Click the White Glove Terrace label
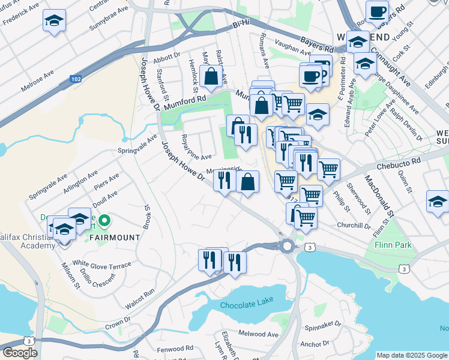coord(101,263)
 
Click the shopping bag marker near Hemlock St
coord(211,76)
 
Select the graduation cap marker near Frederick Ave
coord(54,22)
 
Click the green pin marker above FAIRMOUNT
coord(104,221)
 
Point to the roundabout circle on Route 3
coord(287,245)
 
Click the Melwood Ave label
coord(258,334)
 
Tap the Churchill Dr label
coord(354,226)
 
